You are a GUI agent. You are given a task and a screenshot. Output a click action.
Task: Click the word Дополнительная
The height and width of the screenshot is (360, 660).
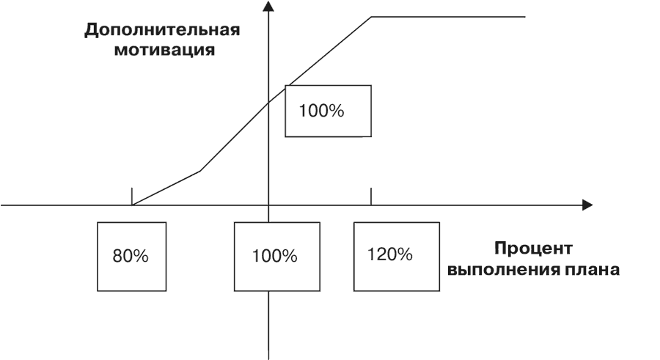pos(162,31)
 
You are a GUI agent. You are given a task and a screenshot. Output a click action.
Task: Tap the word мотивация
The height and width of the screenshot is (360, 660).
pos(164,50)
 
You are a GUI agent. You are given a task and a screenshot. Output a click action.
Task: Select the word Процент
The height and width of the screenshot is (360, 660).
pos(533,249)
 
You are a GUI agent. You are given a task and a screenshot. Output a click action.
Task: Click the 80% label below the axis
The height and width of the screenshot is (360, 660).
pos(131,256)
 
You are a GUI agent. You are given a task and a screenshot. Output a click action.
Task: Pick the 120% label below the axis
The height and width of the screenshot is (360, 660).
pos(390,254)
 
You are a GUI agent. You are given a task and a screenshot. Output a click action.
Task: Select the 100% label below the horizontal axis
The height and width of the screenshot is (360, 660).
pos(274,256)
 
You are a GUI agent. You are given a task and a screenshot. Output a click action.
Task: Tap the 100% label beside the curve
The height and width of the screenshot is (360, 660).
pos(321,111)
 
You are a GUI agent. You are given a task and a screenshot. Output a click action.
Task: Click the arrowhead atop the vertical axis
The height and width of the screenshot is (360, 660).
pos(268,6)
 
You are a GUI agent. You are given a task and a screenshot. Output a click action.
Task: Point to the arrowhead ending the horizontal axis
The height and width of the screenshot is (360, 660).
pos(587,205)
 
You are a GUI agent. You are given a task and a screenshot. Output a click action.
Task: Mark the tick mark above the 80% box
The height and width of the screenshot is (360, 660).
pos(132,196)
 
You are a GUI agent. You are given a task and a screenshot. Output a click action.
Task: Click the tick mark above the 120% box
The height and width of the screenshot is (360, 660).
pos(371,196)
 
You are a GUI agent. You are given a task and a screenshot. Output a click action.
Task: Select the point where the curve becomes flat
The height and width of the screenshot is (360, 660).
pos(371,17)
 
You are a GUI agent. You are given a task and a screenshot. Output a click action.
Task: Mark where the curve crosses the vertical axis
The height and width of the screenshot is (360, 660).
pos(268,103)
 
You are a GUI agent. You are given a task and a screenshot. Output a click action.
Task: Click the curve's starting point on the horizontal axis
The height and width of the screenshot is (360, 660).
pos(132,205)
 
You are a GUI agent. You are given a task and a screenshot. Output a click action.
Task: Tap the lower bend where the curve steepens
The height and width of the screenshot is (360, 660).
pos(200,171)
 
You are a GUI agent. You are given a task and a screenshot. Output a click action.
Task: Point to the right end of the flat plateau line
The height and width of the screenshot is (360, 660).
pos(525,17)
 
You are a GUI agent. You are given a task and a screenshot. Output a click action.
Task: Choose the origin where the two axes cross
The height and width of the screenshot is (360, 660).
pos(268,205)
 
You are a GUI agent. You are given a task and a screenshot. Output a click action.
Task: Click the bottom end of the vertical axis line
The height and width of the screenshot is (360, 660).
pos(268,359)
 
